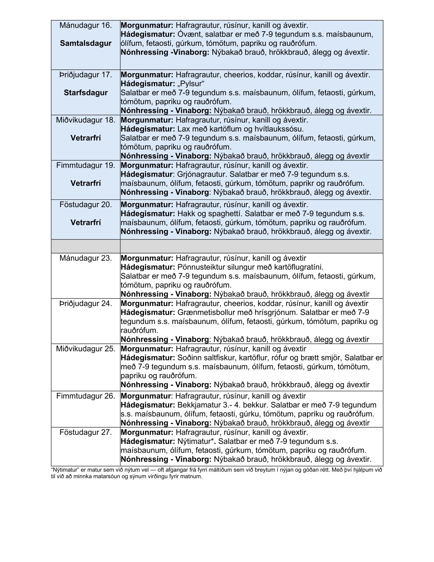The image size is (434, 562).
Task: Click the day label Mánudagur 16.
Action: coord(86,26)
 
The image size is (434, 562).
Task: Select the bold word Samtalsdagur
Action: coord(86,44)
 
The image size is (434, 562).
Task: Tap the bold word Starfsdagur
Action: coord(86,93)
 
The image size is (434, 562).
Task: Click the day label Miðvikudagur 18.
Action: coord(86,120)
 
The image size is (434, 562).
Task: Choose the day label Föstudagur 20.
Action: coord(86,205)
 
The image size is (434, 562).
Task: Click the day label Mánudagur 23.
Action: coord(86,258)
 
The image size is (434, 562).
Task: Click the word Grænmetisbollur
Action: coord(204,313)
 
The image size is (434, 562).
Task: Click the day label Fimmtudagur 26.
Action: coord(86,396)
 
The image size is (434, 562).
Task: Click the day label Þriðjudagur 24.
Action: coord(86,304)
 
